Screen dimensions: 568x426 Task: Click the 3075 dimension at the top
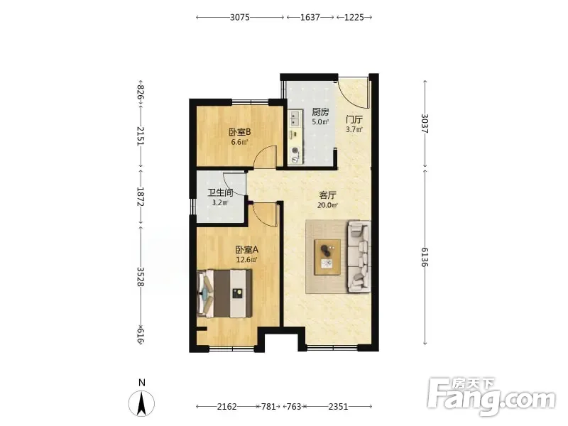pyautogui.click(x=240, y=17)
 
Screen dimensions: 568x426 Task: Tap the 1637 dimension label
pyautogui.click(x=310, y=17)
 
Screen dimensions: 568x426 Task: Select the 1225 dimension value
pyautogui.click(x=354, y=17)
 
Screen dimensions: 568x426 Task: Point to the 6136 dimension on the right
pyautogui.click(x=425, y=257)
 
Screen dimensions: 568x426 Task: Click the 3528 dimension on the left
pyautogui.click(x=141, y=277)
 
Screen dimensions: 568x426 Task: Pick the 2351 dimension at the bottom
pyautogui.click(x=338, y=406)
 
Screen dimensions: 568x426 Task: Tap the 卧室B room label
pyautogui.click(x=239, y=132)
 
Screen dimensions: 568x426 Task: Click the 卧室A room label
pyautogui.click(x=246, y=250)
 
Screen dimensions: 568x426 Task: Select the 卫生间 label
pyautogui.click(x=220, y=192)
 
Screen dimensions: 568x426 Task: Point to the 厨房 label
pyautogui.click(x=320, y=112)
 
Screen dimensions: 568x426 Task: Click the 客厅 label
pyautogui.click(x=327, y=195)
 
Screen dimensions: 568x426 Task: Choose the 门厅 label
pyautogui.click(x=354, y=119)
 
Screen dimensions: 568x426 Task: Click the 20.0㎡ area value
pyautogui.click(x=327, y=205)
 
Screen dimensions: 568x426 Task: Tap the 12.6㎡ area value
pyautogui.click(x=246, y=259)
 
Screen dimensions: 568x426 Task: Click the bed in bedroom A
pyautogui.click(x=224, y=293)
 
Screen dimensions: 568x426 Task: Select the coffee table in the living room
pyautogui.click(x=327, y=257)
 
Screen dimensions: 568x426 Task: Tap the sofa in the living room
pyautogui.click(x=359, y=256)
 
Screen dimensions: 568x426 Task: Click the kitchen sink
pyautogui.click(x=295, y=118)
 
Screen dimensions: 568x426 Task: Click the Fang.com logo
pyautogui.click(x=491, y=396)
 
